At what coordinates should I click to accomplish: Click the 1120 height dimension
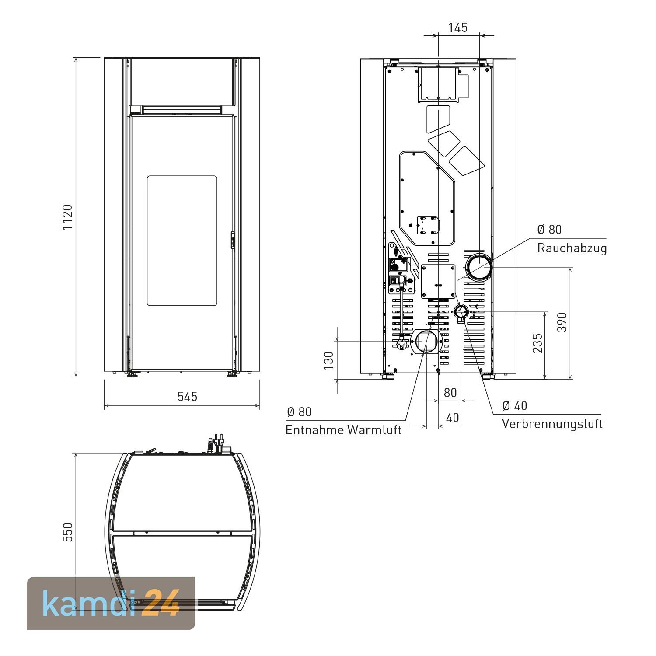[x=67, y=217]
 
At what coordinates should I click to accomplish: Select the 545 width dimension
[x=188, y=396]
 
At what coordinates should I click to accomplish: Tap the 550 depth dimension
[x=68, y=532]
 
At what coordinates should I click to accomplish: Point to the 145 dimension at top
[x=458, y=27]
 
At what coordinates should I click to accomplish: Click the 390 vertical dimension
[x=562, y=322]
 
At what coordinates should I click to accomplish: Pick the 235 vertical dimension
[x=537, y=343]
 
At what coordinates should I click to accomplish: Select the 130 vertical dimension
[x=328, y=361]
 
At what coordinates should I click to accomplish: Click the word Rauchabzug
[x=572, y=248]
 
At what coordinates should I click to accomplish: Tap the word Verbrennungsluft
[x=552, y=424]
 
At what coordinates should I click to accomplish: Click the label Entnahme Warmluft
[x=343, y=429]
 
